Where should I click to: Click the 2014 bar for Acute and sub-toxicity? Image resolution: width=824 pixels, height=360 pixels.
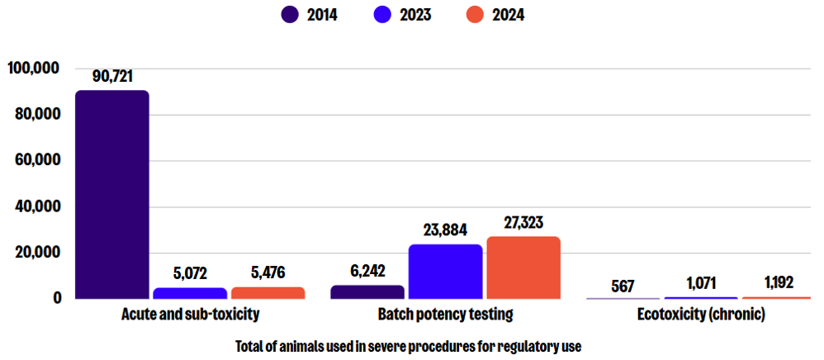111,195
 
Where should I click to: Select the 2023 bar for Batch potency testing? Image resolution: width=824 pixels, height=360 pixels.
445,272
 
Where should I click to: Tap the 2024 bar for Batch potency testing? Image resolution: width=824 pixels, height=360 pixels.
523,268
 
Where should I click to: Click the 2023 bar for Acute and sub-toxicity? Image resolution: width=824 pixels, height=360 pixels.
190,293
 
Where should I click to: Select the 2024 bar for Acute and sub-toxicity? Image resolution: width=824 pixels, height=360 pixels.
268,292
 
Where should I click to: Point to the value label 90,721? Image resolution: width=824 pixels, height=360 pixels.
112,77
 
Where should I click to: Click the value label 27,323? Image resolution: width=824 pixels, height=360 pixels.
523,223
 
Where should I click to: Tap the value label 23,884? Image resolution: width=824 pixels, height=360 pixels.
445,231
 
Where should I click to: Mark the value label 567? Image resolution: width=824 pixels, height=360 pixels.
623,286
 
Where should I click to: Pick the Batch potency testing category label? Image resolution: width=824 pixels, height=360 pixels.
445,315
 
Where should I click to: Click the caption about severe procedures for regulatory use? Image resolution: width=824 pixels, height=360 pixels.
408,346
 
